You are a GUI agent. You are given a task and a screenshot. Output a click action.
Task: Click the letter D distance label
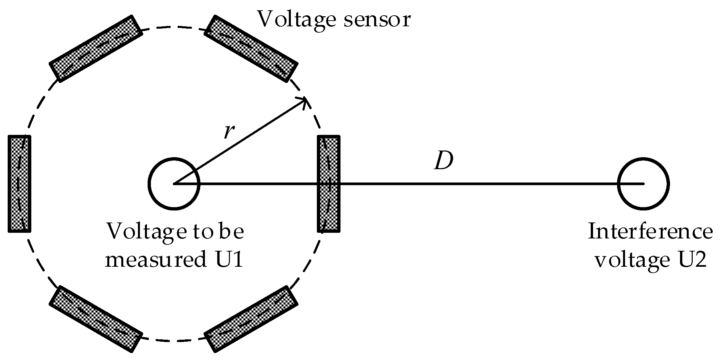[443, 162]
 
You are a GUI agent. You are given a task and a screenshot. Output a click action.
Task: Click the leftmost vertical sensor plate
[19, 183]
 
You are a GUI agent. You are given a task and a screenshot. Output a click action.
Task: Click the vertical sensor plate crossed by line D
[329, 183]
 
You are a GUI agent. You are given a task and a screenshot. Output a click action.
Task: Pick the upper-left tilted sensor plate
[96, 49]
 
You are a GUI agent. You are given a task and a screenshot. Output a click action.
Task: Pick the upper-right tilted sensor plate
[251, 49]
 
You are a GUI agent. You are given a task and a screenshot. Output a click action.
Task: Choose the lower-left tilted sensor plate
[96, 319]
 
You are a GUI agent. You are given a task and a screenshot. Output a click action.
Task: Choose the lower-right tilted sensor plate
[251, 319]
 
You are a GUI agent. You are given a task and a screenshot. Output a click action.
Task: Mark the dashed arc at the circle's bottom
[174, 341]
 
